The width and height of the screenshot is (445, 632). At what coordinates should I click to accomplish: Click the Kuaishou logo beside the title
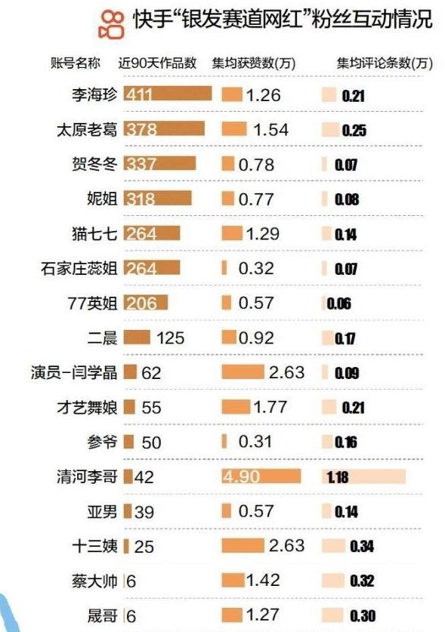click(111, 25)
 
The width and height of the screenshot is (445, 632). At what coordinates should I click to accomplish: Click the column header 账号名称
click(75, 63)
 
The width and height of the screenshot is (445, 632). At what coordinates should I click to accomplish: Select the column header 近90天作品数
click(157, 63)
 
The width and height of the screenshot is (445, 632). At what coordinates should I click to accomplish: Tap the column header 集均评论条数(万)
click(385, 63)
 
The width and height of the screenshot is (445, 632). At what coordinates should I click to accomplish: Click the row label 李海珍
click(94, 94)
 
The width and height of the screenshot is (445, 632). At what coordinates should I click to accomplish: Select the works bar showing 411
click(168, 94)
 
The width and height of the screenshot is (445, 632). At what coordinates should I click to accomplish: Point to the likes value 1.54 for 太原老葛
click(270, 130)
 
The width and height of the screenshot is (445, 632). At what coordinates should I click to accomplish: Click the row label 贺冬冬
click(94, 164)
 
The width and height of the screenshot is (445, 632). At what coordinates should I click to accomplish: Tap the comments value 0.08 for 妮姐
click(347, 199)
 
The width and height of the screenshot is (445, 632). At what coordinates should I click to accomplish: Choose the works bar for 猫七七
click(152, 233)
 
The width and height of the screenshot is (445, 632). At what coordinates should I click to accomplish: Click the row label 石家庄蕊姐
click(79, 269)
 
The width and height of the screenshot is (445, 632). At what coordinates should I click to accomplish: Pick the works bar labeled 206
click(145, 303)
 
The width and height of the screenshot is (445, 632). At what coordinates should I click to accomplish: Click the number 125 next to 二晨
click(170, 338)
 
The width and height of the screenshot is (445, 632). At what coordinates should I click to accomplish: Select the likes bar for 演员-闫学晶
click(243, 372)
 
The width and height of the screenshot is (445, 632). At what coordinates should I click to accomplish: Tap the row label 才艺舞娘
click(87, 408)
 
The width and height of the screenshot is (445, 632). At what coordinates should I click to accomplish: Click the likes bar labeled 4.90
click(261, 476)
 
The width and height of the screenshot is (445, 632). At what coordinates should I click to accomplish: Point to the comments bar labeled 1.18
click(363, 476)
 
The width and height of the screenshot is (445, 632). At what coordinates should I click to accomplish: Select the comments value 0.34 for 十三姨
click(362, 546)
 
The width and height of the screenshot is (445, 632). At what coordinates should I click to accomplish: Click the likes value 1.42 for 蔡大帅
click(263, 580)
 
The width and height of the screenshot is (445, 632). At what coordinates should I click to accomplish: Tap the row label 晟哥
click(102, 616)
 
